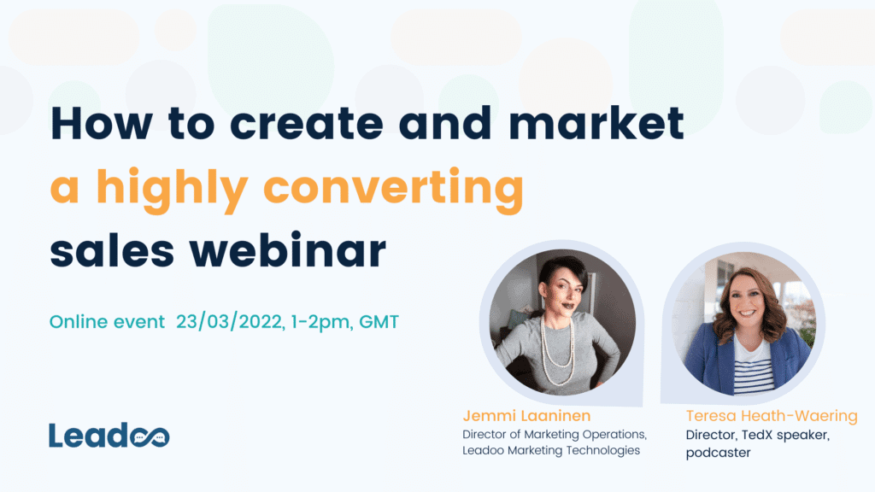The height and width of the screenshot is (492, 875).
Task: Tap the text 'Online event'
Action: click(x=107, y=322)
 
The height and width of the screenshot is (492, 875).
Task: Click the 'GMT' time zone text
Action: click(x=379, y=322)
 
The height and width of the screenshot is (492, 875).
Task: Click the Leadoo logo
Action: click(x=109, y=436)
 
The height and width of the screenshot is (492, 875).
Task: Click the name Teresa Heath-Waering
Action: click(x=772, y=416)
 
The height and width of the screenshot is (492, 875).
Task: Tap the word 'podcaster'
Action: click(x=719, y=453)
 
